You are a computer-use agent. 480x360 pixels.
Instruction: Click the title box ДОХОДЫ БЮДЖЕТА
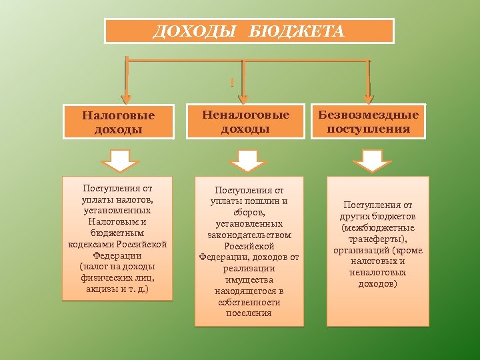249,31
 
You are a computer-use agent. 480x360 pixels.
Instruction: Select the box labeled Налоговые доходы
118,121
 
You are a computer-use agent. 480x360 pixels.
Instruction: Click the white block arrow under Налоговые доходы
119,161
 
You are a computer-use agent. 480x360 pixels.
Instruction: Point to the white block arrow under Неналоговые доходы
247,161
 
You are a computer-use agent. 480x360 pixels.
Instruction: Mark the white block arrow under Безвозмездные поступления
372,161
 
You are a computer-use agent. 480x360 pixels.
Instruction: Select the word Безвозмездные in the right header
368,115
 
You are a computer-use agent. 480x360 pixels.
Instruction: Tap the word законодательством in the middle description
249,235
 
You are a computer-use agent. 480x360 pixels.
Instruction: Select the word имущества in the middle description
249,280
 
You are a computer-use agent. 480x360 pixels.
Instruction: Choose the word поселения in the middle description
249,313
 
